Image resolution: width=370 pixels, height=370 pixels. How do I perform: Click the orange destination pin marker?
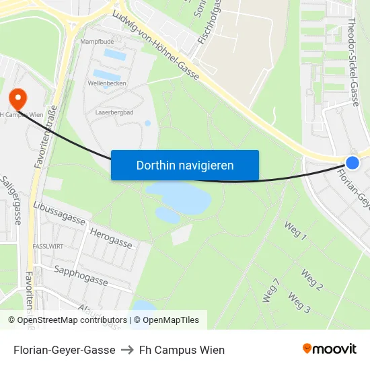coord(17,98)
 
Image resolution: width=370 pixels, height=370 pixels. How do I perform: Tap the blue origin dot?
coord(353,162)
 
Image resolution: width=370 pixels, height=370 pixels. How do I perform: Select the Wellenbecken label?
coord(107,83)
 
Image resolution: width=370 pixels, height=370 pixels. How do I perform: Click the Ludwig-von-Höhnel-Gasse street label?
coord(156,46)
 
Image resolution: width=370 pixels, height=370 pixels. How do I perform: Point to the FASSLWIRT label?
coord(48,247)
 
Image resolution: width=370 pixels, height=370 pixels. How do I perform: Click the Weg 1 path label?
coord(295,231)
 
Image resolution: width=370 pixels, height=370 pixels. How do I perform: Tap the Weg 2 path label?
coord(312,279)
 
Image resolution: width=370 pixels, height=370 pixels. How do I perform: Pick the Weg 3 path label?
coord(299,302)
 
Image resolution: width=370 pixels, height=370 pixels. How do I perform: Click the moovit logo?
coord(329,348)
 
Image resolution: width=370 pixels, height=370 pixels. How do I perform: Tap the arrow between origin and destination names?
coord(127,350)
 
